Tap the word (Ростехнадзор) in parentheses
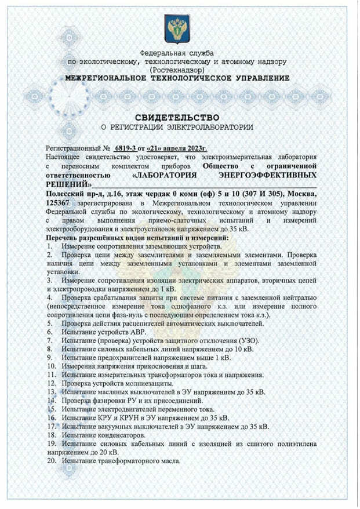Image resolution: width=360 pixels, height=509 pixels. tap(179, 69)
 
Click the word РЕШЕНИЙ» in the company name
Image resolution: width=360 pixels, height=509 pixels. tap(69, 183)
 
